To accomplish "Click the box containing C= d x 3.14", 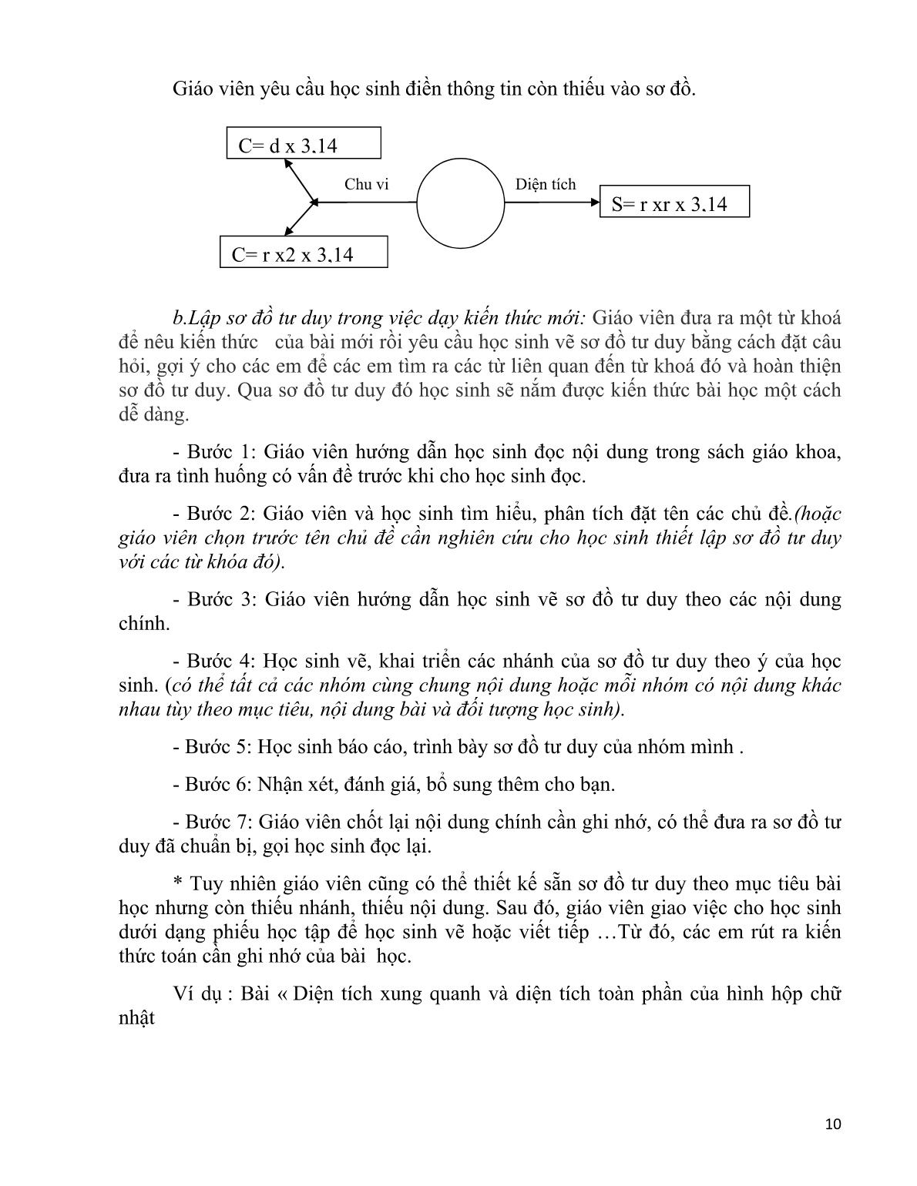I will (x=304, y=144).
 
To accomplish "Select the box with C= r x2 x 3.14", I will (x=304, y=253).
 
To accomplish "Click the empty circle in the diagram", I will (x=460, y=203).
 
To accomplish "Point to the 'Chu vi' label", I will (x=367, y=184).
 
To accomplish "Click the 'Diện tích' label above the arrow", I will (x=545, y=184).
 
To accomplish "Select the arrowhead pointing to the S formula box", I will (x=594, y=203).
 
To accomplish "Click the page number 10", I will (x=832, y=1124).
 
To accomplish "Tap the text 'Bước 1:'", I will (x=215, y=452).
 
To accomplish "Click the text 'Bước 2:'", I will (x=215, y=514).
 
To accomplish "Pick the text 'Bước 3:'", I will (x=215, y=599).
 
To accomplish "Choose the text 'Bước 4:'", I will (x=215, y=661).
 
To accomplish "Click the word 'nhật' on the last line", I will (x=137, y=1018).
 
